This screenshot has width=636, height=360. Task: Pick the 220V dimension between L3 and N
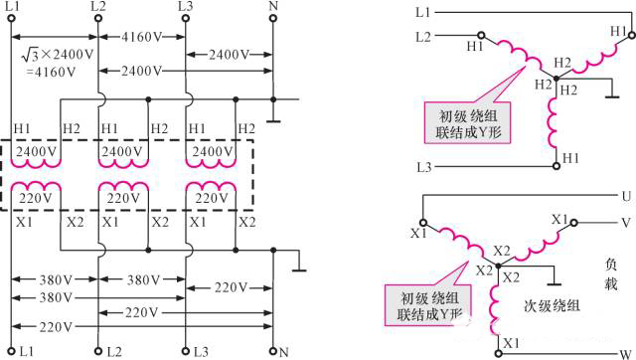[x=230, y=288]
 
